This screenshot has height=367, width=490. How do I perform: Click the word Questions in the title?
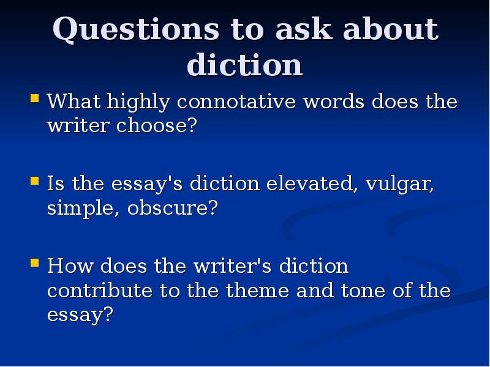136,29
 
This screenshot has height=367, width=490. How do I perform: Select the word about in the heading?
391,29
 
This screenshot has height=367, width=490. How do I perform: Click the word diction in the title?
244,65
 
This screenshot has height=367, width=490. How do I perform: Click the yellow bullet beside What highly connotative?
35,98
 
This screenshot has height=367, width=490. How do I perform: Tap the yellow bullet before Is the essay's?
35,181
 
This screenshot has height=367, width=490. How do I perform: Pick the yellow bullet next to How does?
35,263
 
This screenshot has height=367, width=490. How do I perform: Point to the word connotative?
236,102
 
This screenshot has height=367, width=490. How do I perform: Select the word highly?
138,102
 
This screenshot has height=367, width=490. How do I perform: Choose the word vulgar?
400,184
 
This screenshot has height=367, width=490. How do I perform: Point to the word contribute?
100,290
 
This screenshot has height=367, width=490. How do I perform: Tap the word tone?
363,291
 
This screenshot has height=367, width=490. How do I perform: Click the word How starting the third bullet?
70,266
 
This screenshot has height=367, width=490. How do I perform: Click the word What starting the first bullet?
73,101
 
